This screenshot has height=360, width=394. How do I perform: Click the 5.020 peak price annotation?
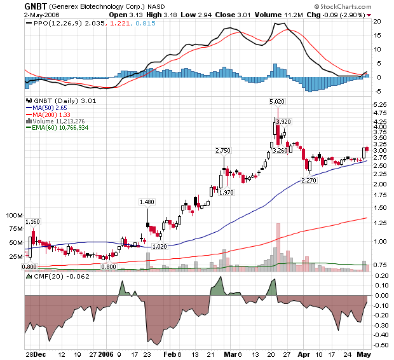click(x=276, y=101)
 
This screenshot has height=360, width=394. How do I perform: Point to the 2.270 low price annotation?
click(x=309, y=180)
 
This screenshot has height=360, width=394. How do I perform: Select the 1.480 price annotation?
click(x=147, y=202)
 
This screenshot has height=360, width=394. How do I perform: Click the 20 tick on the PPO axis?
click(x=376, y=21)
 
